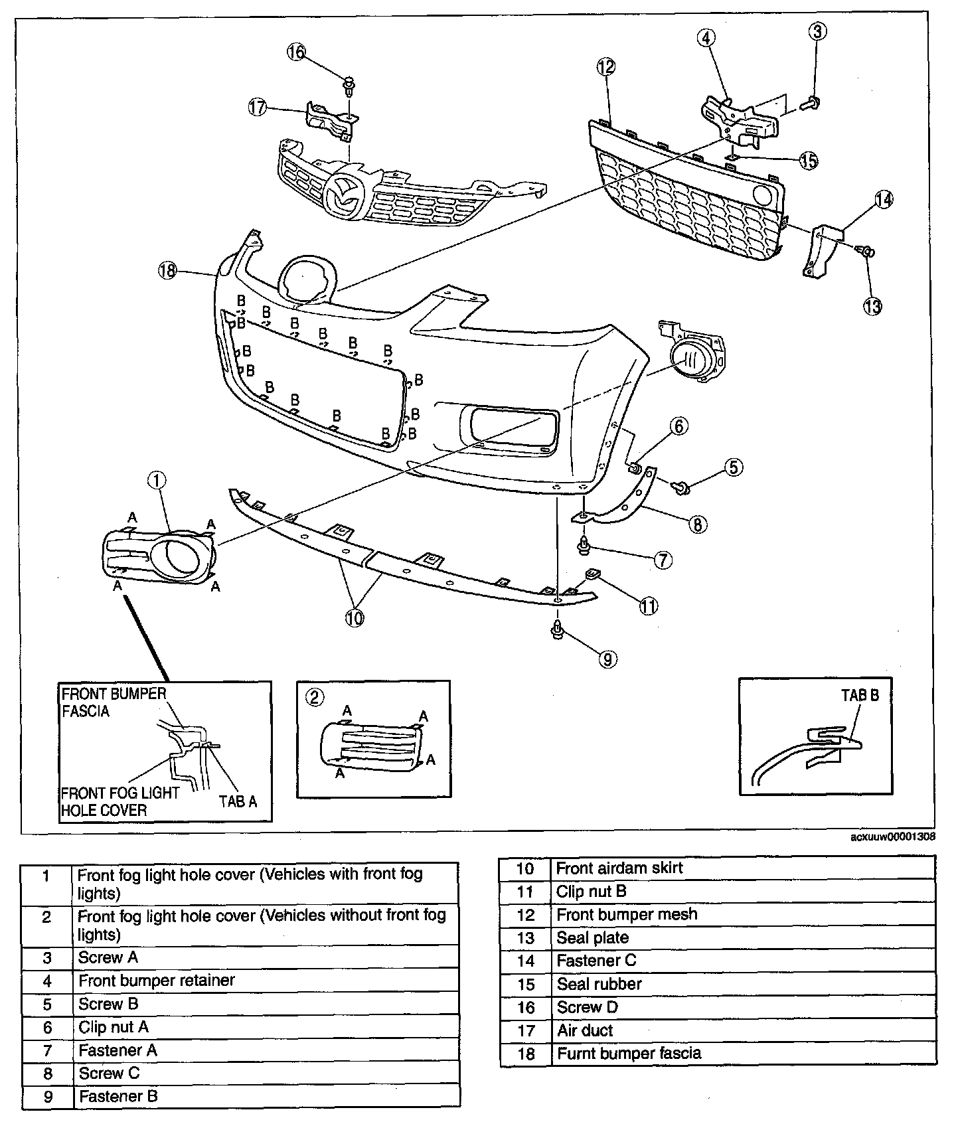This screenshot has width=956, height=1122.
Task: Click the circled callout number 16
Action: click(x=297, y=52)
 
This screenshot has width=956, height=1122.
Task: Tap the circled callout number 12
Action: click(x=605, y=66)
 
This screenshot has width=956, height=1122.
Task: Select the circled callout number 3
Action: click(x=817, y=31)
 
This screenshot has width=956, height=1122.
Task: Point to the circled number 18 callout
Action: click(x=168, y=270)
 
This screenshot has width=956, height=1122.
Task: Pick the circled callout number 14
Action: click(x=884, y=199)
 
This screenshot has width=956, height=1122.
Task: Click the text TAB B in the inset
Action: click(x=860, y=695)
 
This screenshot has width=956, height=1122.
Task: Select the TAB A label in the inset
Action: click(x=238, y=801)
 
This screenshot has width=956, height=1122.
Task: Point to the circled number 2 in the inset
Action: click(x=315, y=696)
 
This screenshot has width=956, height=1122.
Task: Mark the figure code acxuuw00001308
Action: click(x=892, y=837)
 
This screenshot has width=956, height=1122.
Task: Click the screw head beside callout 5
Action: click(x=682, y=489)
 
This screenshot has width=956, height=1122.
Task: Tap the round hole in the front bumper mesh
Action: click(x=763, y=195)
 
